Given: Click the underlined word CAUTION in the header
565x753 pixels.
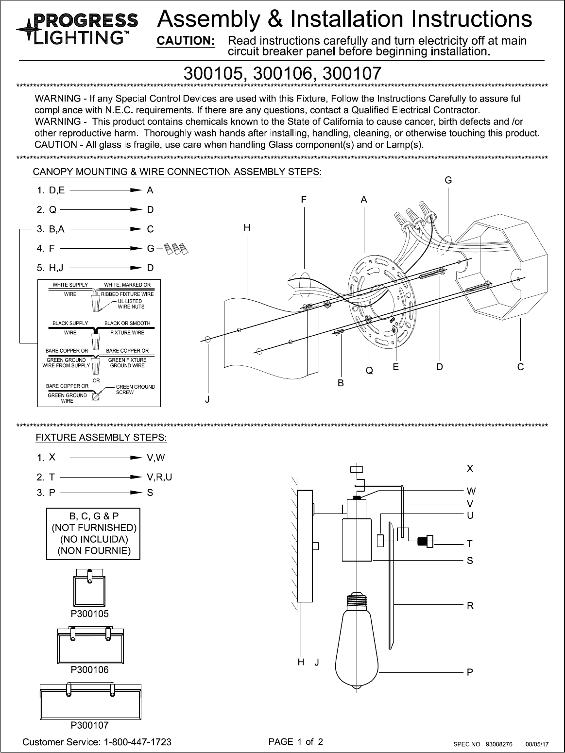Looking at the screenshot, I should (185, 41).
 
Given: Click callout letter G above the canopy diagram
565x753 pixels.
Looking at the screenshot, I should (448, 180).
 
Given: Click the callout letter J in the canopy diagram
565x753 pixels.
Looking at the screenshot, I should (207, 400).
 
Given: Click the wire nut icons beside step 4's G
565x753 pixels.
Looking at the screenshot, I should (176, 249).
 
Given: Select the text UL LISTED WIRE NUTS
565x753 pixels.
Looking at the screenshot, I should (131, 304).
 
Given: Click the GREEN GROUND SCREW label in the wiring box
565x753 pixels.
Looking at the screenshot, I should (135, 389).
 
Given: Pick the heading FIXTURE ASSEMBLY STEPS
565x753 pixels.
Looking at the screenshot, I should (101, 438).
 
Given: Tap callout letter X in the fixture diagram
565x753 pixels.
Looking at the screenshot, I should (470, 469).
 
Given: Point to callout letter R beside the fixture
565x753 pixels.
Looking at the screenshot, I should (470, 606).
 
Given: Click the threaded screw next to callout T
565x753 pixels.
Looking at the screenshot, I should (426, 541).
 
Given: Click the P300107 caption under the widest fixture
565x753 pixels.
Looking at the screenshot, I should (89, 725).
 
